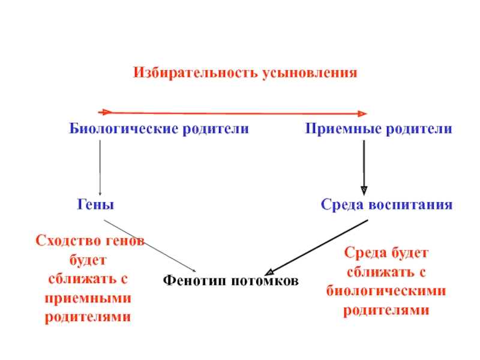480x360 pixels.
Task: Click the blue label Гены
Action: [x=95, y=205]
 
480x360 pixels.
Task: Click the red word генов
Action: [x=125, y=241]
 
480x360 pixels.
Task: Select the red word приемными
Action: [x=88, y=298]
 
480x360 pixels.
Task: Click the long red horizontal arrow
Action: [x=234, y=112]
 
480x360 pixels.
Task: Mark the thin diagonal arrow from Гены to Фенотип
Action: [x=150, y=245]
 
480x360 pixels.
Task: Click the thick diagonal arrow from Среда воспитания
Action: [x=318, y=245]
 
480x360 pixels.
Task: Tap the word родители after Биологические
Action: [x=220, y=129]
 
